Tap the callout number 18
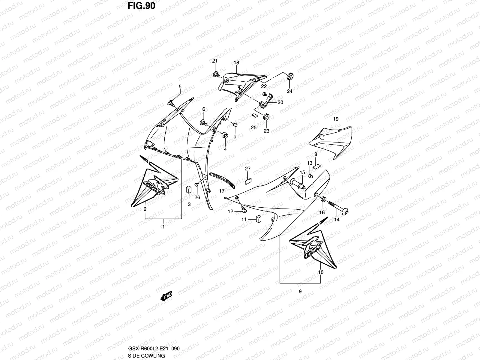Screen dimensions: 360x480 click(236, 63)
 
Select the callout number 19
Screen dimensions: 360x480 click(335, 119)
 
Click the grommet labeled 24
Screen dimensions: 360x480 click(290, 77)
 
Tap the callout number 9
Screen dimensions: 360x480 click(300, 291)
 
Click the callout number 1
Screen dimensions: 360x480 click(163, 227)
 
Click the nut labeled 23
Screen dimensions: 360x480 click(266, 117)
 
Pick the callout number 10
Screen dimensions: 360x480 click(321, 272)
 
